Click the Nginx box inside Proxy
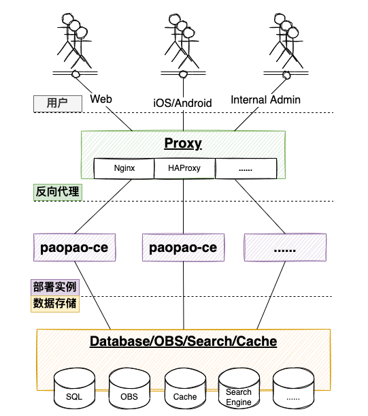tap(124, 168)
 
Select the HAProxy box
tap(184, 168)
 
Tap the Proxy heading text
tap(183, 144)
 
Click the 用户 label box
tap(58, 103)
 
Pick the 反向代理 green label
tap(58, 192)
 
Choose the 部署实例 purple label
tap(55, 287)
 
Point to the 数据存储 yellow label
tap(55, 304)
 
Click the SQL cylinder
tap(74, 388)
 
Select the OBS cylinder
tap(129, 388)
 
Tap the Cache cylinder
tap(185, 388)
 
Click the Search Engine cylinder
tap(239, 388)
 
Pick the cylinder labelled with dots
tap(293, 388)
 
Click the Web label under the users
tap(101, 99)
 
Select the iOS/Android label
tap(183, 103)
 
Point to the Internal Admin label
tap(266, 100)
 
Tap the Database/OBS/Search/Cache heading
tap(184, 342)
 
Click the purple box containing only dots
tap(285, 248)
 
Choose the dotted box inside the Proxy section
tap(246, 168)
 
